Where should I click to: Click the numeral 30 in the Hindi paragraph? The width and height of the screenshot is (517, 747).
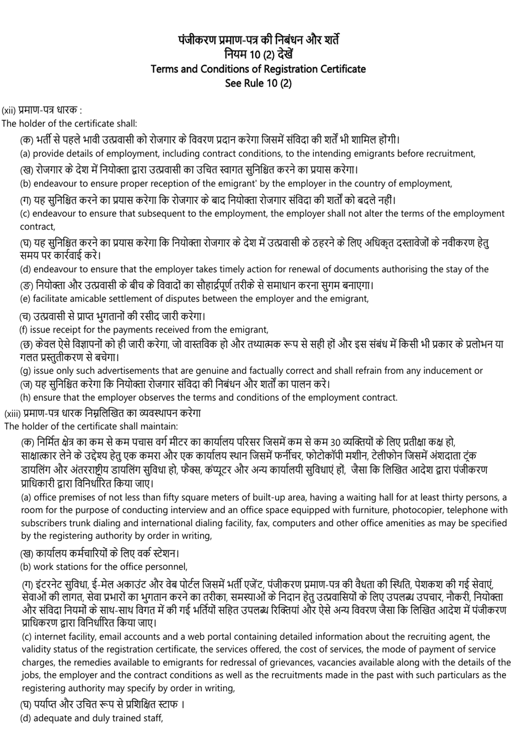pyautogui.click(x=336, y=442)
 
